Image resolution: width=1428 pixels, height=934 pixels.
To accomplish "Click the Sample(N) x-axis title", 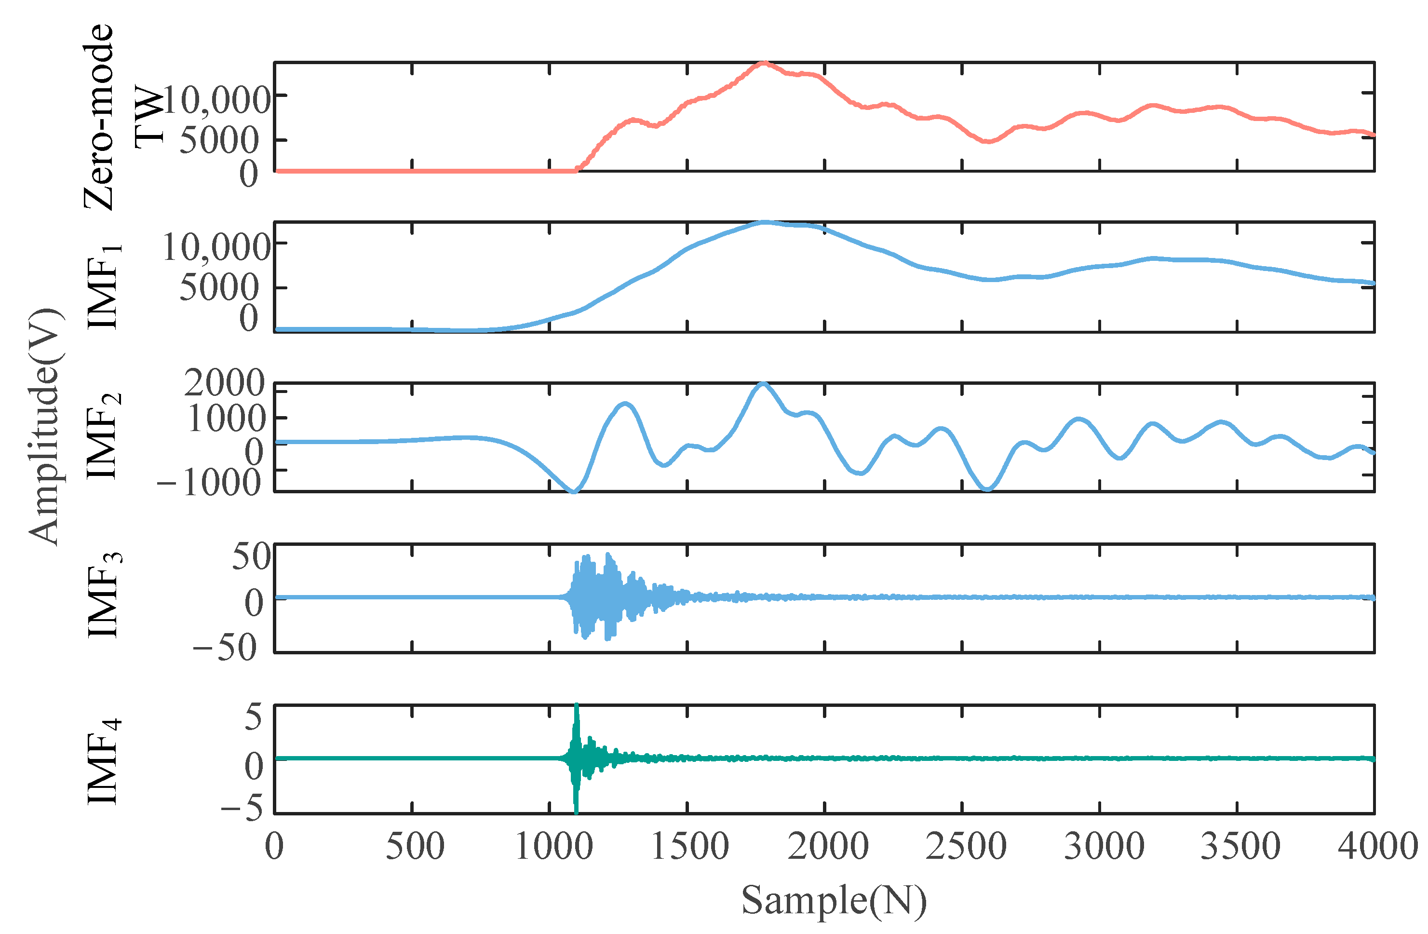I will click(x=834, y=900).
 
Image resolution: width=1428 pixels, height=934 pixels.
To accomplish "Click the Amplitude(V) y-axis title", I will click(x=44, y=427).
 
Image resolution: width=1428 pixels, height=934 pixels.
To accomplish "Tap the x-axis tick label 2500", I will click(x=965, y=846).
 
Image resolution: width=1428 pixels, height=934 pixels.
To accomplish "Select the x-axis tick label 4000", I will click(x=1377, y=846).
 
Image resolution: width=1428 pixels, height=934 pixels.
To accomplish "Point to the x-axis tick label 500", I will click(x=415, y=846).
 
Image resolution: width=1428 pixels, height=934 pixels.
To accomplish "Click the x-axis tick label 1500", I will click(x=690, y=846).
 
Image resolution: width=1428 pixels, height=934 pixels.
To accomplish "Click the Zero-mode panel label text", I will click(x=99, y=117).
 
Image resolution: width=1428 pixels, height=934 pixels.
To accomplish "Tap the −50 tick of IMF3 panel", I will click(x=225, y=647).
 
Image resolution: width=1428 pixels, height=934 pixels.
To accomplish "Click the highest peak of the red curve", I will click(x=763, y=62).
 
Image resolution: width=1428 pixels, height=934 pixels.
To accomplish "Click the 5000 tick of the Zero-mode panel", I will click(x=219, y=140).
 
